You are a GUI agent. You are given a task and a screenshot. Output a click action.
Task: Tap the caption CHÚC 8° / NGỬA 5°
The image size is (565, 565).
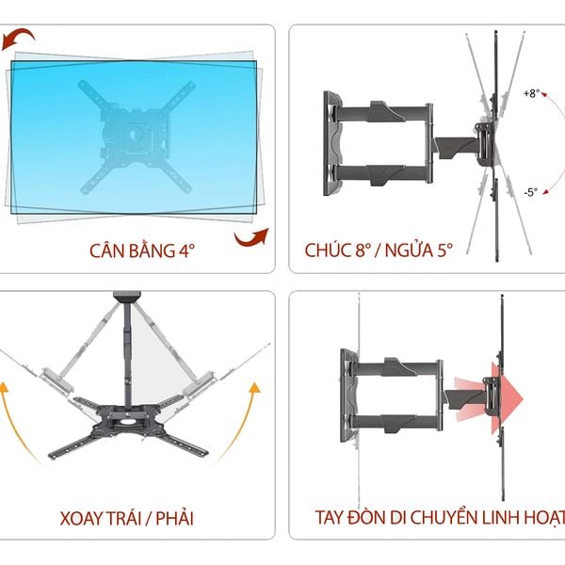pyautogui.click(x=379, y=251)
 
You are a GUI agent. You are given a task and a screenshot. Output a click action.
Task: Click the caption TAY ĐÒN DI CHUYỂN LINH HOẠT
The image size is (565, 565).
pyautogui.click(x=441, y=518)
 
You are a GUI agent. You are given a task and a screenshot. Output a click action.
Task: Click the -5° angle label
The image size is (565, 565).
pyautogui.click(x=531, y=192)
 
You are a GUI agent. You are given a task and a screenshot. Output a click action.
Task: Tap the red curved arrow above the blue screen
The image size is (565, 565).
pyautogui.click(x=21, y=40)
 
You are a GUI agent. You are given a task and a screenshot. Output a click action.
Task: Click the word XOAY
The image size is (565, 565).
pyautogui.click(x=82, y=518)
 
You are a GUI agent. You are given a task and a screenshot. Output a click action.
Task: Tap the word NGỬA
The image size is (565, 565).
pyautogui.click(x=415, y=251)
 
